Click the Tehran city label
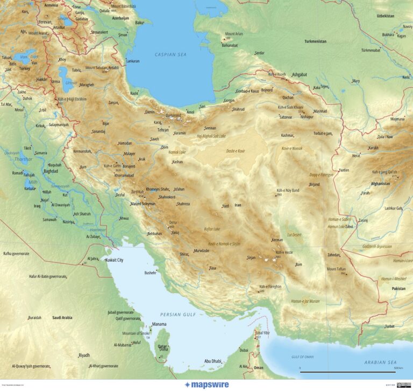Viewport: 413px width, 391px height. pos(162,130)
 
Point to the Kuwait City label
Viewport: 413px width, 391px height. pos(114,260)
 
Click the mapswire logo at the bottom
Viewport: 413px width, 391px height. pos(206,385)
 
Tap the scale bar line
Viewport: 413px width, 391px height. pos(347,372)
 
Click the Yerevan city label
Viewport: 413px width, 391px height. pos(45,22)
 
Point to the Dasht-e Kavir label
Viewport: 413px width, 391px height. pos(236,151)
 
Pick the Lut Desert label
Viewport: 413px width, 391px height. pos(295,235)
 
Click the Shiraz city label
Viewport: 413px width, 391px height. pos(184,254)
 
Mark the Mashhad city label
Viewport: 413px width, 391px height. pos(320,111)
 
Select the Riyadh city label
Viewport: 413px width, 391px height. pos(84,355)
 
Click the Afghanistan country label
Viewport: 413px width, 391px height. pos(380,184)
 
